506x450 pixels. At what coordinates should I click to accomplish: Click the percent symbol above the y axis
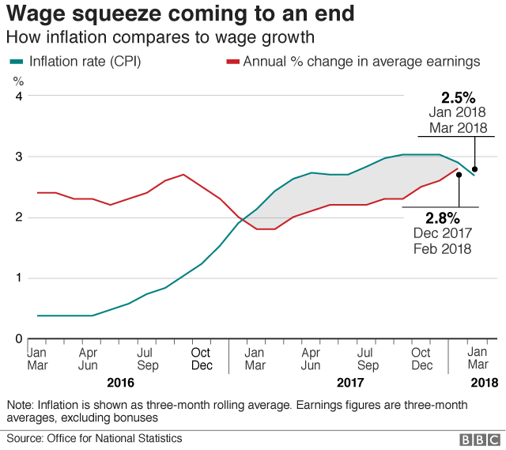click(18, 81)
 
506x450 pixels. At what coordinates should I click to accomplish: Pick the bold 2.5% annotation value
click(458, 98)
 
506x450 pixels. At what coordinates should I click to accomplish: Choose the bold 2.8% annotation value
click(442, 217)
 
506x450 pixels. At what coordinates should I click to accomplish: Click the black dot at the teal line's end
click(474, 168)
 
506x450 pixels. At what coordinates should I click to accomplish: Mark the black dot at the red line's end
click(459, 175)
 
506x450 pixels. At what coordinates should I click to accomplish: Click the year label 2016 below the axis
click(119, 383)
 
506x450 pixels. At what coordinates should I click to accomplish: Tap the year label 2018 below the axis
click(484, 383)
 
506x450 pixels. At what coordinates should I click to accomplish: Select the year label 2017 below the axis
click(349, 383)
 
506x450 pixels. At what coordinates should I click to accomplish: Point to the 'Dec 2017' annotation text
click(442, 233)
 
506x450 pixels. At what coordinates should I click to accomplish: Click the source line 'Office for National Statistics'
click(114, 438)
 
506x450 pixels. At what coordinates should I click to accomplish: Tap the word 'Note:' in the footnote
click(21, 404)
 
